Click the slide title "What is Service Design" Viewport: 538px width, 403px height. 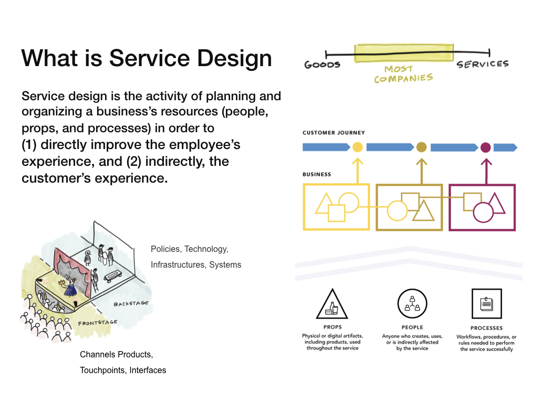point(147,58)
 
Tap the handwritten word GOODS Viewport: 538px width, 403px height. point(323,65)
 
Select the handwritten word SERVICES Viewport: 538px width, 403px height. point(482,64)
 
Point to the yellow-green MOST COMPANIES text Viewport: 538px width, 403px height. point(403,75)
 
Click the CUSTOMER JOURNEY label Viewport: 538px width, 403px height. point(334,133)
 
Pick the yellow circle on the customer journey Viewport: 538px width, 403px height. point(358,147)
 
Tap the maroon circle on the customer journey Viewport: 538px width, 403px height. point(485,147)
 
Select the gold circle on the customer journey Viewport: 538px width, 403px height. point(421,147)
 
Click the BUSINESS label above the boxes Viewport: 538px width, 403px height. point(317,174)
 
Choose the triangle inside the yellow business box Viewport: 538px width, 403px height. point(324,205)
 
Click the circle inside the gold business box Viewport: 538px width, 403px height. point(397,211)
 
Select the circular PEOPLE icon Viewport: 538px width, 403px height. point(412,304)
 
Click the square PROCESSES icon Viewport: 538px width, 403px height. point(486,304)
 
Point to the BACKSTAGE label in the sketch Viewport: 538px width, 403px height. point(131,304)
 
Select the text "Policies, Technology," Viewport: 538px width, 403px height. point(190,249)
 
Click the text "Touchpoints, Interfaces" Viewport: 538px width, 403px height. point(123,370)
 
